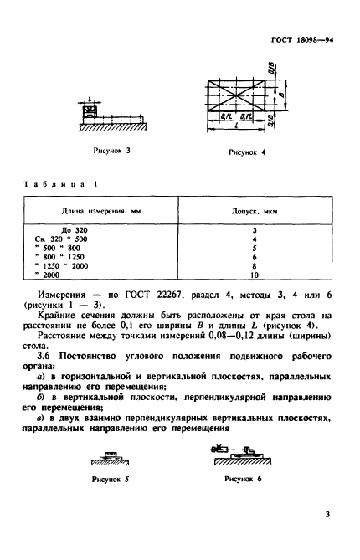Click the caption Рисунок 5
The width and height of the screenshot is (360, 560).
tap(112, 480)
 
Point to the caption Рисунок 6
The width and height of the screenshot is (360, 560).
tap(244, 480)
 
